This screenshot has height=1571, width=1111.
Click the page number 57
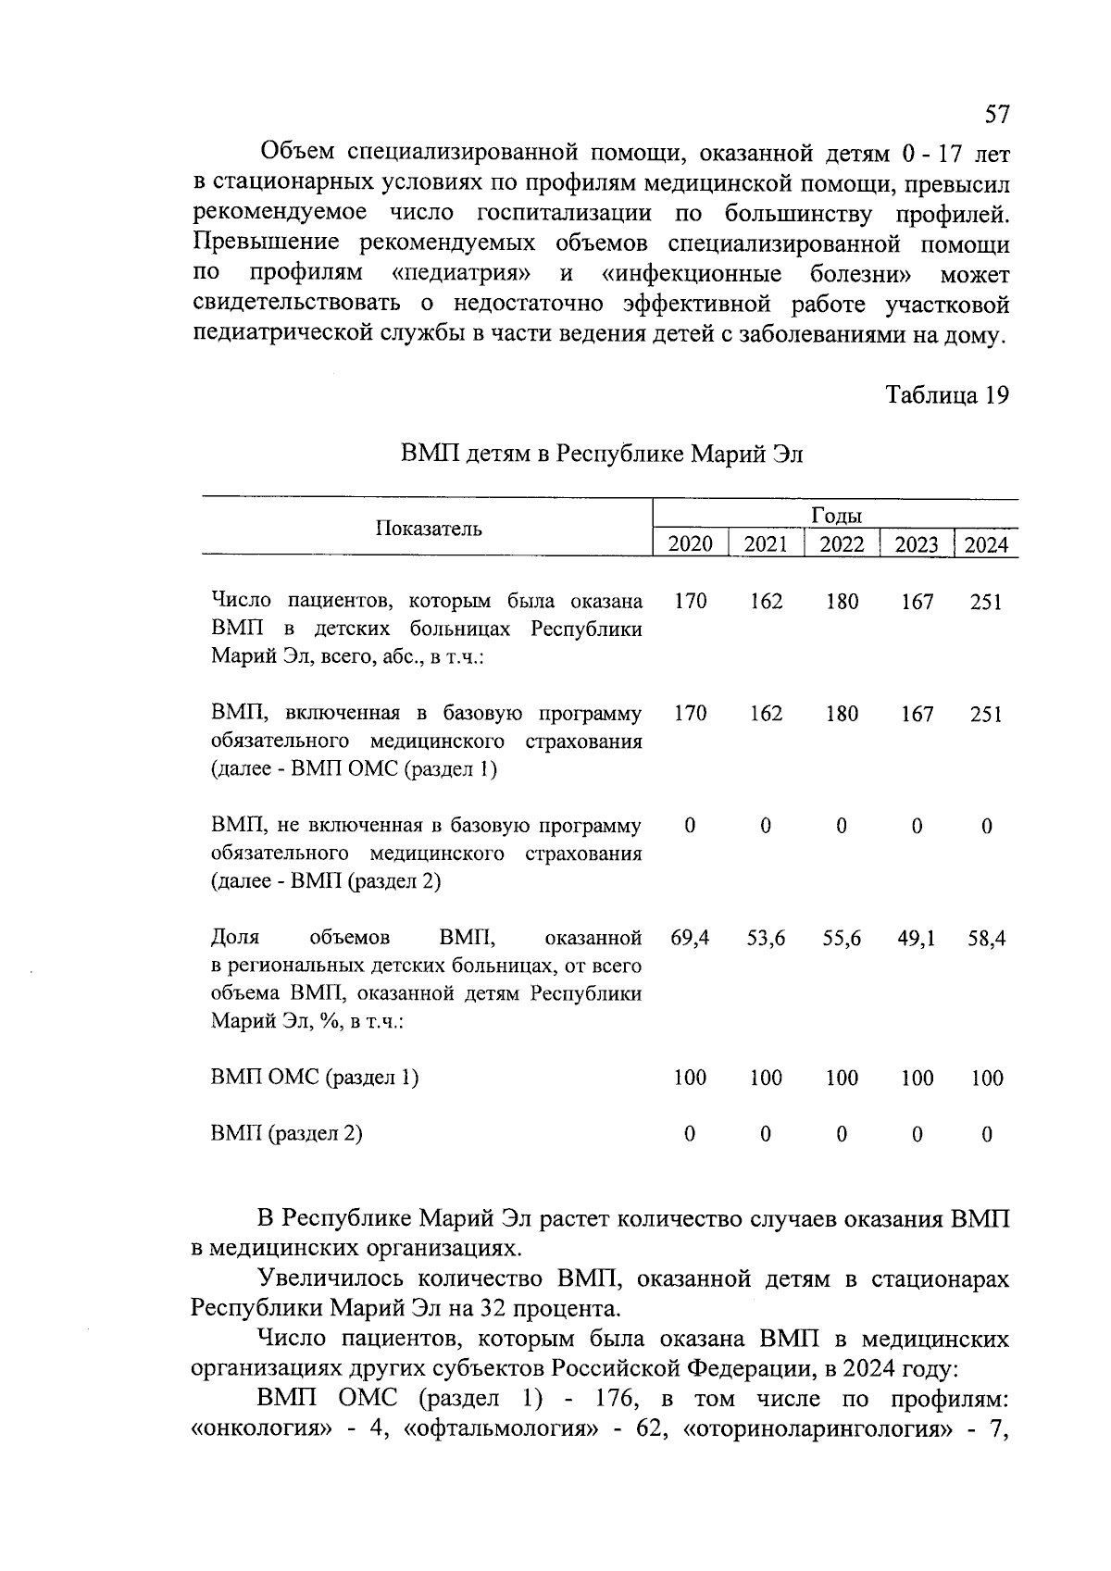[x=996, y=114]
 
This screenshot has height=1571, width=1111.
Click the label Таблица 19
[x=946, y=395]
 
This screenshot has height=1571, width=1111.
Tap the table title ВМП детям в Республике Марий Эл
[x=602, y=454]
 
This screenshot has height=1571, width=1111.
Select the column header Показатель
[x=429, y=529]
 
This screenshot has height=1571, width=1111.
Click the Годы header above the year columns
[x=837, y=516]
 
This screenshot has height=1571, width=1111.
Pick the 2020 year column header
[x=691, y=544]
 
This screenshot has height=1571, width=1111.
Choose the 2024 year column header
[x=986, y=544]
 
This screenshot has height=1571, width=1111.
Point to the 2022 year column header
[x=842, y=544]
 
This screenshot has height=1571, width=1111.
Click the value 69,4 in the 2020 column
[x=691, y=938]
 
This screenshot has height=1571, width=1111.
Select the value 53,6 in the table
[x=766, y=938]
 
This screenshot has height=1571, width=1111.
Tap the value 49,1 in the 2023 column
[x=917, y=938]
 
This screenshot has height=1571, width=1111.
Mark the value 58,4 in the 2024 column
[x=986, y=938]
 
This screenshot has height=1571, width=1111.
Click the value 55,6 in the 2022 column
[x=842, y=938]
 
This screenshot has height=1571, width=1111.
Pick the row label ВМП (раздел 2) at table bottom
[x=287, y=1133]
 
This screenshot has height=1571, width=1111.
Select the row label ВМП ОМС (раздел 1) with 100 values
[x=315, y=1078]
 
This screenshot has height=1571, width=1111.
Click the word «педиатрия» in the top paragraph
[x=467, y=274]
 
